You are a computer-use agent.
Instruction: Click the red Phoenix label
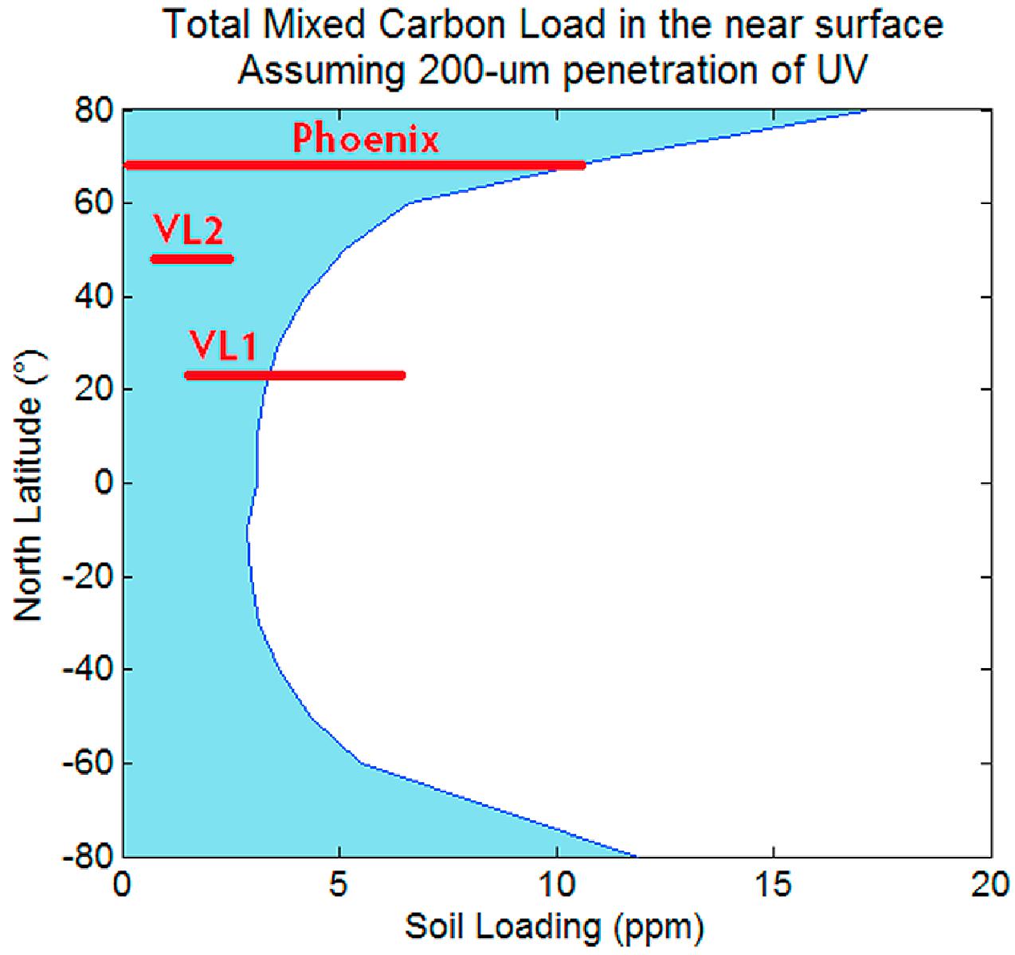366,140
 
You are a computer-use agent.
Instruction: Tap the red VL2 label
189,230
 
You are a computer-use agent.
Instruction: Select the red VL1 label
223,347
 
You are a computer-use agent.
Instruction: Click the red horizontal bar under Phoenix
355,165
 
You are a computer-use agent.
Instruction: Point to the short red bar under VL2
192,258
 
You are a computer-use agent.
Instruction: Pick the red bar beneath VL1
295,375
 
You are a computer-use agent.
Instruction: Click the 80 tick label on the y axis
94,110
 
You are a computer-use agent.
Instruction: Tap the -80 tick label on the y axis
87,856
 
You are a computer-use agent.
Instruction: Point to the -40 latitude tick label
87,670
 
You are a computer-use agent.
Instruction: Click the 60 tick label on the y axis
94,203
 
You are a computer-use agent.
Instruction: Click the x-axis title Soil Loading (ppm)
555,928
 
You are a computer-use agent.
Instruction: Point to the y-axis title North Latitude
29,486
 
